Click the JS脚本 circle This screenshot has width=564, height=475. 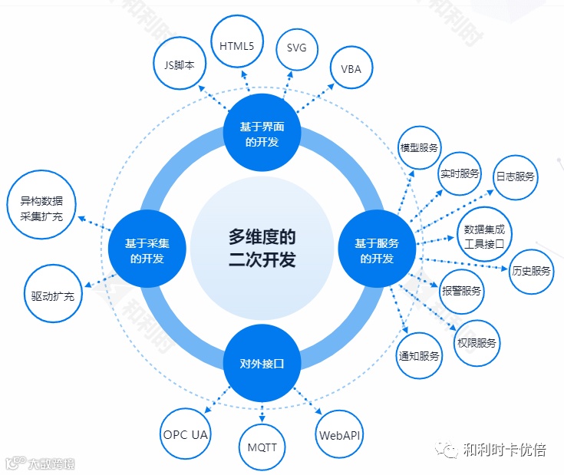click(x=180, y=66)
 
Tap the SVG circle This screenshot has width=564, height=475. click(x=296, y=48)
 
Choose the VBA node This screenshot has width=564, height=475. click(x=351, y=68)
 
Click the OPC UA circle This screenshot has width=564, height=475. click(x=186, y=435)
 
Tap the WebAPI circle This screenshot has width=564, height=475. click(x=340, y=435)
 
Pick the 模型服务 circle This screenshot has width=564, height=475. click(x=419, y=147)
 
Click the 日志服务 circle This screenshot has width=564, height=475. click(x=514, y=176)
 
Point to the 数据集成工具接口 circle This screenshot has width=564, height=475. click(x=484, y=232)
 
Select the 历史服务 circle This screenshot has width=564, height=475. click(x=531, y=271)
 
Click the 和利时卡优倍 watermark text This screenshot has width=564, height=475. click(x=505, y=450)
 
